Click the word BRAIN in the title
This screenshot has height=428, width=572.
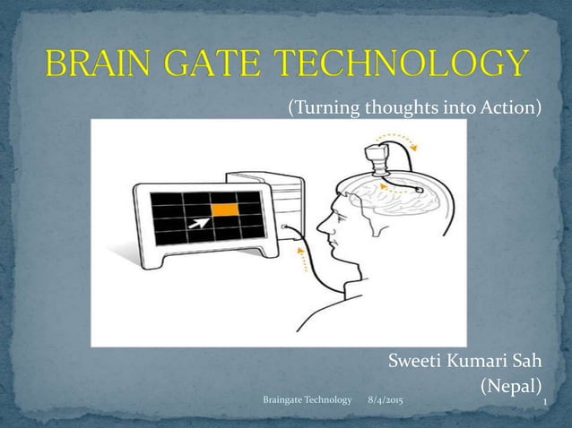[107, 64]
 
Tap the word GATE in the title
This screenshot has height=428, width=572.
[231, 64]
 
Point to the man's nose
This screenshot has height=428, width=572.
[321, 235]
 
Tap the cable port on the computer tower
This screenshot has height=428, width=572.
[284, 228]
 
